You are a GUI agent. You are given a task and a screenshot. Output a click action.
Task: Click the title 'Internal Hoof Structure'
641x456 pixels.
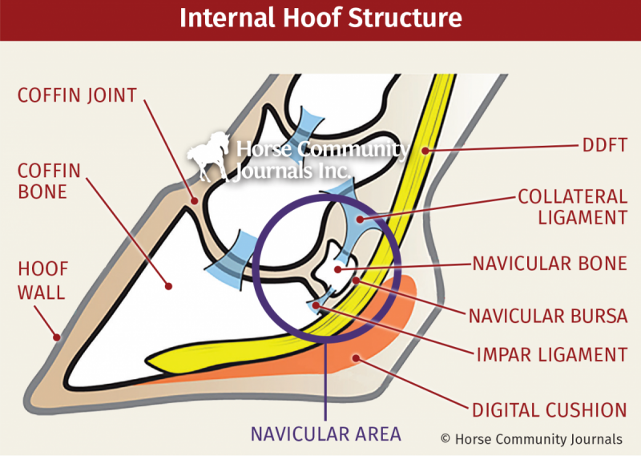(320, 18)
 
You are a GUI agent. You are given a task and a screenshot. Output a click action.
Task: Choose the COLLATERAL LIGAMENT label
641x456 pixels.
(571, 206)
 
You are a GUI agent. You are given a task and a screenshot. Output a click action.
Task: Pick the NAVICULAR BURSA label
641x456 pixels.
(549, 315)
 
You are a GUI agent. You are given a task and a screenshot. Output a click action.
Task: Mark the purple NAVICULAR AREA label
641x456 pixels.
(325, 434)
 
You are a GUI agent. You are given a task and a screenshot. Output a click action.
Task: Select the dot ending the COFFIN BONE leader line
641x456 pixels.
(169, 284)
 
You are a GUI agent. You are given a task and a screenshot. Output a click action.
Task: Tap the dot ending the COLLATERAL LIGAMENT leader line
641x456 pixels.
(360, 217)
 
